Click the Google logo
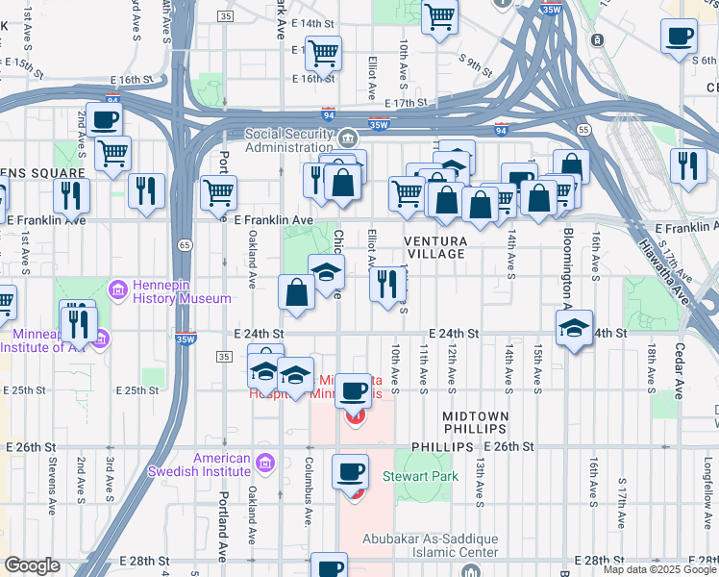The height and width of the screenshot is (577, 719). (x=31, y=565)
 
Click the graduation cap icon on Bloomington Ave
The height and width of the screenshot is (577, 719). (x=574, y=328)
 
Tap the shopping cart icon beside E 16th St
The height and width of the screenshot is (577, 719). (x=323, y=53)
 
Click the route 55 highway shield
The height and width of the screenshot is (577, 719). (x=583, y=128)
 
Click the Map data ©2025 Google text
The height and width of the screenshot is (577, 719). (x=658, y=569)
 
